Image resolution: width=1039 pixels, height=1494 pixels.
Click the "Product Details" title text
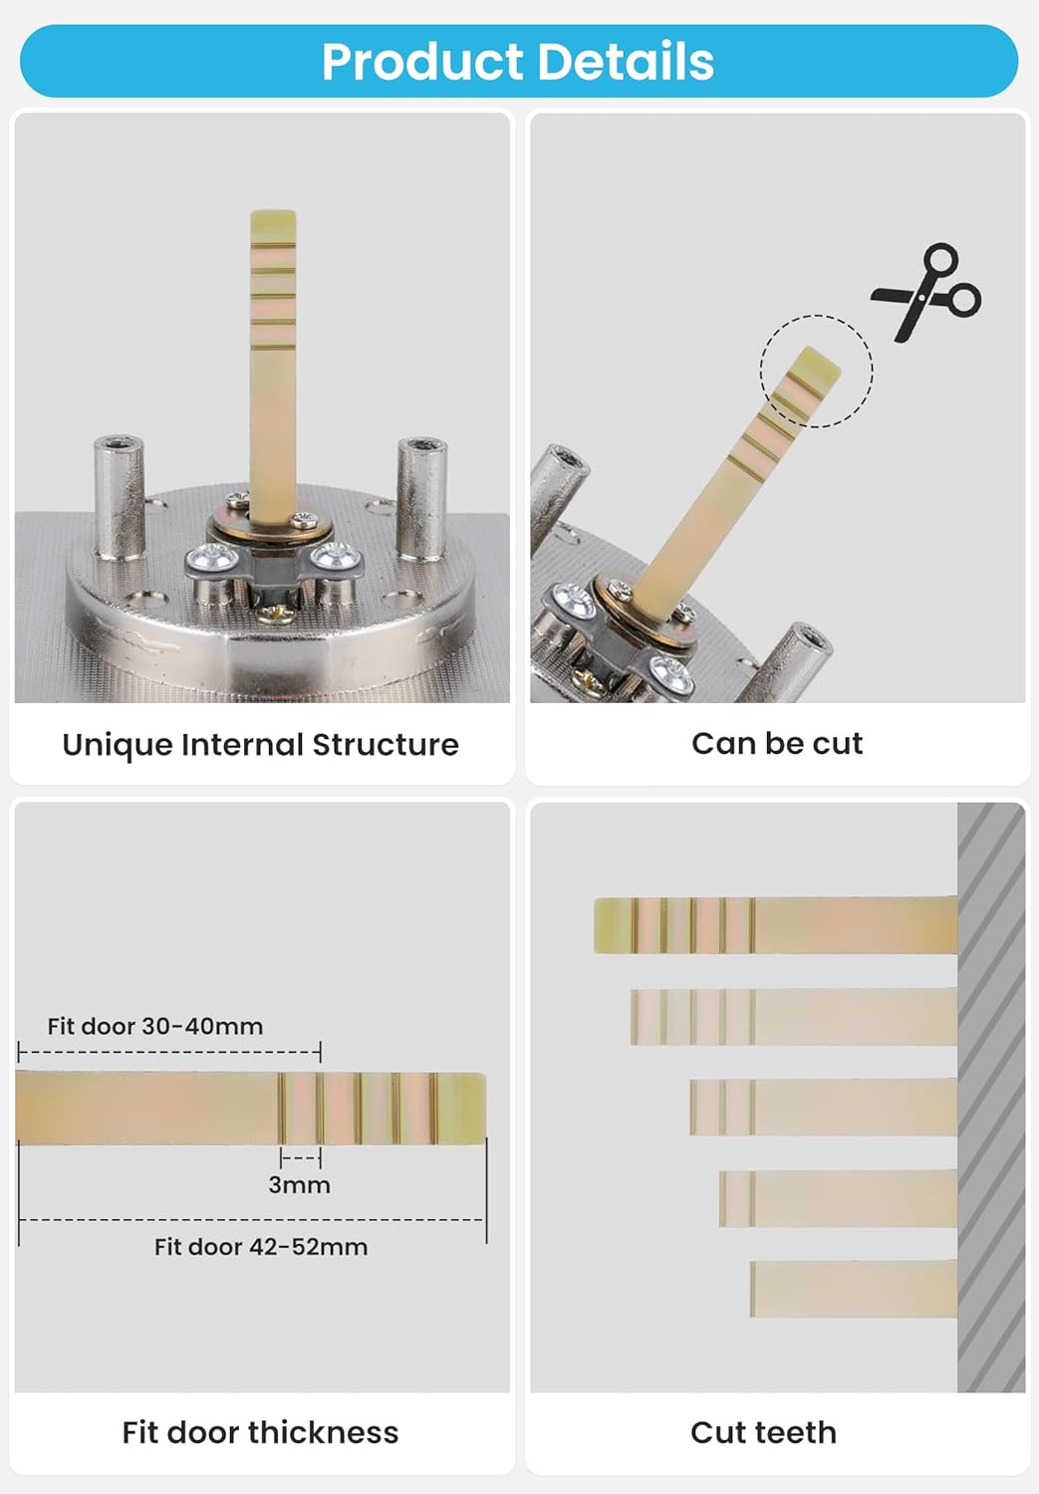[x=517, y=62]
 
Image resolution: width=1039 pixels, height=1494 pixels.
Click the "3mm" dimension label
[x=300, y=1185]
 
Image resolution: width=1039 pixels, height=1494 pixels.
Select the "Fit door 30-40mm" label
[x=155, y=1027]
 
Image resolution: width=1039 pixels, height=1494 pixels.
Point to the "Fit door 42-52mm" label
[x=261, y=1247]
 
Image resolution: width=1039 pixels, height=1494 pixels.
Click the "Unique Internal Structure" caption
[x=261, y=745]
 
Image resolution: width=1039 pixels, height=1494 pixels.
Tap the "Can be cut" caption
[x=777, y=744]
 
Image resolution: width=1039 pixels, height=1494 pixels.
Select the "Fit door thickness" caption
[x=260, y=1432]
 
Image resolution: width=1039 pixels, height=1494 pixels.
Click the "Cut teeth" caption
[x=764, y=1432]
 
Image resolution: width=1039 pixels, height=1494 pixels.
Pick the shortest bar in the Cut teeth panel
[x=854, y=1289]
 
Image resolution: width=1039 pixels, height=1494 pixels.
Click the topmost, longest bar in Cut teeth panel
[x=776, y=924]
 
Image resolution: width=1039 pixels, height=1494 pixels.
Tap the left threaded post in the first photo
[x=120, y=497]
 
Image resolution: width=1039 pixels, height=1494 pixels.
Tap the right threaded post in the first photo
[x=421, y=498]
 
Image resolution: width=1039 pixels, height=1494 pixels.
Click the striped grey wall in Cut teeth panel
[x=991, y=1098]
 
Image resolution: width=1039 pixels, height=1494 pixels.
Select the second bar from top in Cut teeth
[x=794, y=1016]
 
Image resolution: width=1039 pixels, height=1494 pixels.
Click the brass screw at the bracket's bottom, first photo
[x=275, y=613]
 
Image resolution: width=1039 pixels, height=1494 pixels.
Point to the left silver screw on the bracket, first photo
[x=212, y=558]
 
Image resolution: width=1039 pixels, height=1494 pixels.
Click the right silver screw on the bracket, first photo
[x=336, y=557]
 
